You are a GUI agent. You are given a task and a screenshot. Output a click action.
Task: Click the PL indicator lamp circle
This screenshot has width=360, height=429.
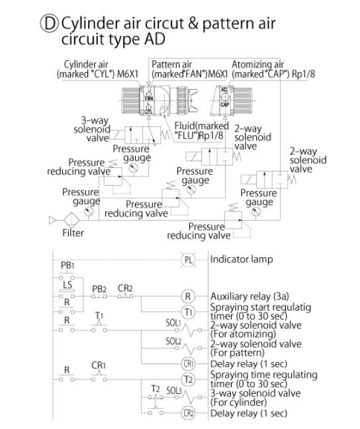tap(188, 260)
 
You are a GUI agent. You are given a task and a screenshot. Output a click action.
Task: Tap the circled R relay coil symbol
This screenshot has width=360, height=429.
tap(188, 296)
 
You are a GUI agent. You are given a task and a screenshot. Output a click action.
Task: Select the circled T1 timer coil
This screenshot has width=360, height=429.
tap(188, 311)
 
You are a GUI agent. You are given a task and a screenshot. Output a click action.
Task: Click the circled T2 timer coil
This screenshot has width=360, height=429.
tap(188, 379)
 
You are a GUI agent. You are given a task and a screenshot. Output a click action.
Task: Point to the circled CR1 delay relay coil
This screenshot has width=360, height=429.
tap(188, 364)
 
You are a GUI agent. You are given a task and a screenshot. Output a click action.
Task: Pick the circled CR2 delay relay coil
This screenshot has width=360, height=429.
tap(188, 412)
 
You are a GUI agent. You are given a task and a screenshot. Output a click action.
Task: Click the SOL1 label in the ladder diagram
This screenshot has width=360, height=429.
tap(173, 323)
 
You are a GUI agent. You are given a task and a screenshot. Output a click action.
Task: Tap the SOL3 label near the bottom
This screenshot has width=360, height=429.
tap(174, 391)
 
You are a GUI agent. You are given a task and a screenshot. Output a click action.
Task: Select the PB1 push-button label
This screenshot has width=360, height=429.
tap(67, 265)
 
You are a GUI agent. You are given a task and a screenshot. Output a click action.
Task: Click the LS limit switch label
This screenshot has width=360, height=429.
tap(67, 284)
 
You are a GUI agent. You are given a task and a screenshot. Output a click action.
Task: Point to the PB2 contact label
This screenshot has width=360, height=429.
tap(99, 289)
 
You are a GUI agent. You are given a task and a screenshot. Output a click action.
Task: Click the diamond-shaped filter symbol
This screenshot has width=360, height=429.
tap(71, 220)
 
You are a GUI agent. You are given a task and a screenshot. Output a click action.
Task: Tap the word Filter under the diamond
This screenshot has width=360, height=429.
tap(73, 233)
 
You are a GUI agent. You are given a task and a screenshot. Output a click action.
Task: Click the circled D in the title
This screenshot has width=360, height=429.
tap(50, 24)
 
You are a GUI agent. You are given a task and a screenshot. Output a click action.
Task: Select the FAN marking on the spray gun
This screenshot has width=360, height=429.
tap(149, 98)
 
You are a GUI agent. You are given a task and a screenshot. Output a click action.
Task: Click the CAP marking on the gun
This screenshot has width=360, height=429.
tap(224, 104)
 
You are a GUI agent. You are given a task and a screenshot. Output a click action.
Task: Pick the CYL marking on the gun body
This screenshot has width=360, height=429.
tap(148, 112)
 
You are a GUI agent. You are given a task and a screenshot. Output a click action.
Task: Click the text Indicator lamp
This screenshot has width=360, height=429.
tap(242, 259)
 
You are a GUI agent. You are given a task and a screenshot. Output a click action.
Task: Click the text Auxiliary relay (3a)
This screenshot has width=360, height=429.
tap(249, 296)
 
